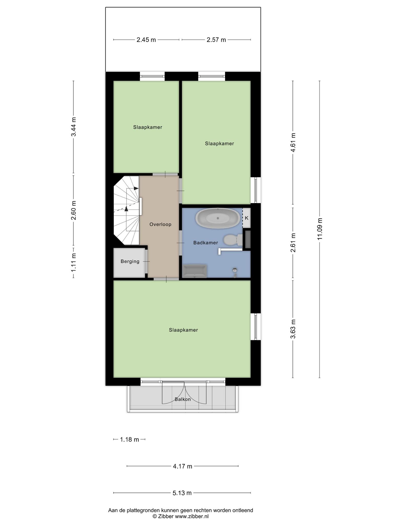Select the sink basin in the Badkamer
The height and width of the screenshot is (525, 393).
[195, 271]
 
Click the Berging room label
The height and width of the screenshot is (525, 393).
[130, 261]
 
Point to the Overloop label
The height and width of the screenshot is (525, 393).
[160, 224]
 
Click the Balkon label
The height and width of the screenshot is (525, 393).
[183, 399]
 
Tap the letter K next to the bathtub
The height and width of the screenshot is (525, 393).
[246, 218]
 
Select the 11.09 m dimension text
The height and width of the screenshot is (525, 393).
[320, 229]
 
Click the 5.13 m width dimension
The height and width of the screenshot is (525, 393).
[182, 493]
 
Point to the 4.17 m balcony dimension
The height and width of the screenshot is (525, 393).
[182, 466]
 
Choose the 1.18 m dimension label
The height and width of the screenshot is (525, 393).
[129, 440]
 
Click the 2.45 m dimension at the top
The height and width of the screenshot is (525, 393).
[146, 40]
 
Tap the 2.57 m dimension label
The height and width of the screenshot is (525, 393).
[216, 40]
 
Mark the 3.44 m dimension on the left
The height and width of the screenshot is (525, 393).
[74, 127]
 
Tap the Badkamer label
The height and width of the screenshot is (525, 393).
[205, 243]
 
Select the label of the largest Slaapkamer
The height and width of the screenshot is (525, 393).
[183, 330]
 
